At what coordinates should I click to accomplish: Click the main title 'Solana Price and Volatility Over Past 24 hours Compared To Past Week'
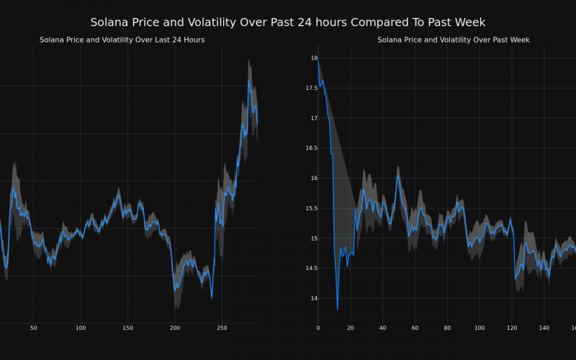[x=288, y=22]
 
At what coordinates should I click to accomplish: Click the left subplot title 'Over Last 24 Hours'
[x=122, y=40]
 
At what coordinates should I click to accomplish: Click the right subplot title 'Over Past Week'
[x=453, y=40]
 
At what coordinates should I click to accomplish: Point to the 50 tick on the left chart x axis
[x=33, y=328]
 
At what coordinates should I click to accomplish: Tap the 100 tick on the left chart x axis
[x=81, y=328]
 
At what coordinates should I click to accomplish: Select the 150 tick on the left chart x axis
[x=127, y=328]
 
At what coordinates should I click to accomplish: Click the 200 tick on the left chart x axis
[x=175, y=328]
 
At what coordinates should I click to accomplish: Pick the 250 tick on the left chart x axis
[x=222, y=328]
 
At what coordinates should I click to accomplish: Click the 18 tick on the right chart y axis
[x=313, y=58]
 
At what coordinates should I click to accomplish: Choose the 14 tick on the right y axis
[x=313, y=298]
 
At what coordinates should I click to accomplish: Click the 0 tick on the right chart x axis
[x=318, y=328]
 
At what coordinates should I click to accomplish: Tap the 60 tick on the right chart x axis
[x=415, y=328]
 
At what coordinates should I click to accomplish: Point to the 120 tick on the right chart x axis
[x=512, y=328]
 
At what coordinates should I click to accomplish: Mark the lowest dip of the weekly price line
[x=337, y=310]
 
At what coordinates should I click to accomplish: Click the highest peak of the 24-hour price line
[x=248, y=81]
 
